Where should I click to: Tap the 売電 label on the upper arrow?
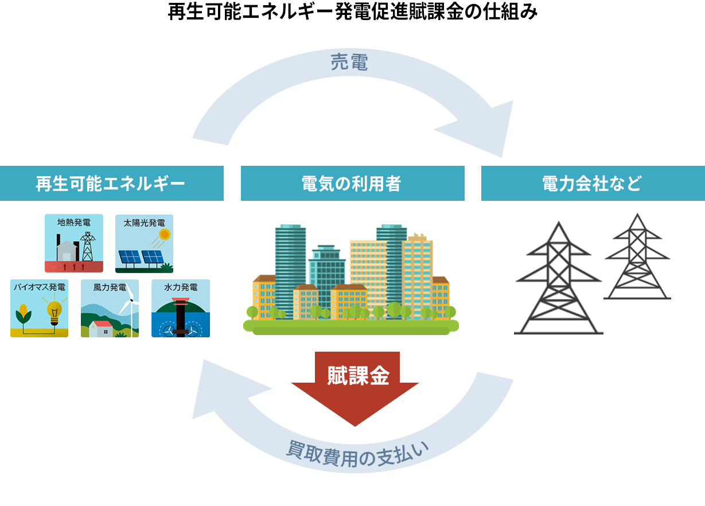[x=349, y=63]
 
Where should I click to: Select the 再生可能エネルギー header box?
[x=111, y=184]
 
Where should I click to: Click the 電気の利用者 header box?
[x=352, y=184]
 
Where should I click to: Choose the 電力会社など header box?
[x=593, y=184]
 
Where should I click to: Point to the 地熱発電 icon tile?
[x=74, y=243]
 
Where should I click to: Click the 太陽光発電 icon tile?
[x=144, y=243]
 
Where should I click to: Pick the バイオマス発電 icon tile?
[x=39, y=308]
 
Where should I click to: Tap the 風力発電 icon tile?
[x=110, y=308]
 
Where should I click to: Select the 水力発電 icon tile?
[x=181, y=308]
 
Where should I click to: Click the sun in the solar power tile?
[x=165, y=234]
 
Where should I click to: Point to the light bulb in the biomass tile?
[x=54, y=313]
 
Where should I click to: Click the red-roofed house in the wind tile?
[x=102, y=328]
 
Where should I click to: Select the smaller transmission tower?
[x=637, y=258]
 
